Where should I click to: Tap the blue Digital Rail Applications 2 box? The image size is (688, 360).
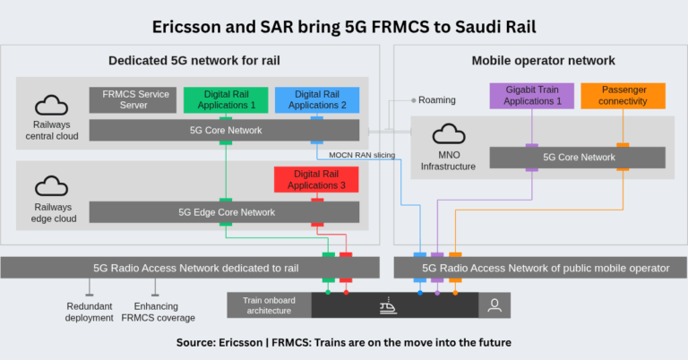point(315,99)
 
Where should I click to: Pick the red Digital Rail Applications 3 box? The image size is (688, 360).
point(315,179)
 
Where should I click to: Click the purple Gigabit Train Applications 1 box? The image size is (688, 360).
point(531,96)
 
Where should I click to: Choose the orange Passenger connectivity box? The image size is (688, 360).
point(622,96)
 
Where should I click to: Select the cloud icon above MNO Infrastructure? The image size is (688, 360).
point(447,135)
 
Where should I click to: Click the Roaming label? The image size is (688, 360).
point(437,100)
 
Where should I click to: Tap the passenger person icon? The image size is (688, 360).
point(494,305)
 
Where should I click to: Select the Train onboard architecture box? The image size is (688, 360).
point(268,304)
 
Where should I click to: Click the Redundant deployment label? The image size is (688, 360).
point(89,312)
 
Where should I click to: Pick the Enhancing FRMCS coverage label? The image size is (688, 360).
point(157,312)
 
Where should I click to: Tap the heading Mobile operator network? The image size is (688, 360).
point(543,61)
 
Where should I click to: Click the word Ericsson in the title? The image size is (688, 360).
point(188,26)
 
